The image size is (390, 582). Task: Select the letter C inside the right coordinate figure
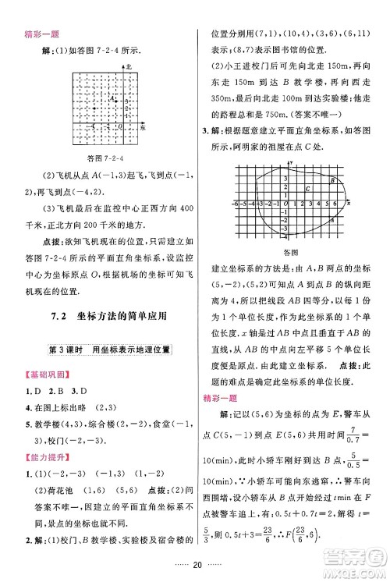[x=308, y=190]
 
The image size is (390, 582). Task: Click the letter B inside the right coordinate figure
[x=333, y=181]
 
